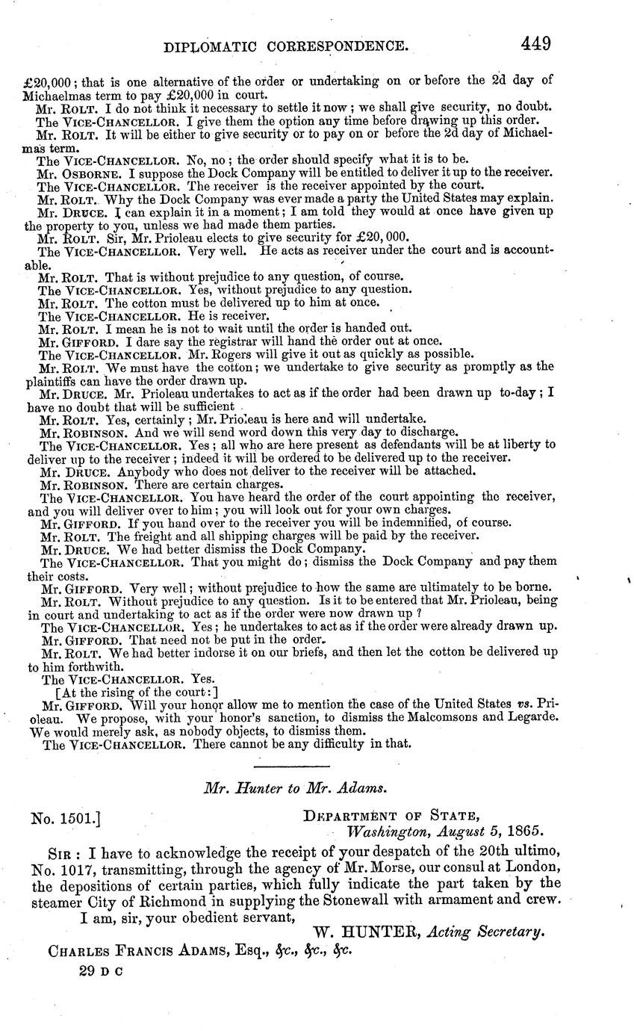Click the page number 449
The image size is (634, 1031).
(536, 43)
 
